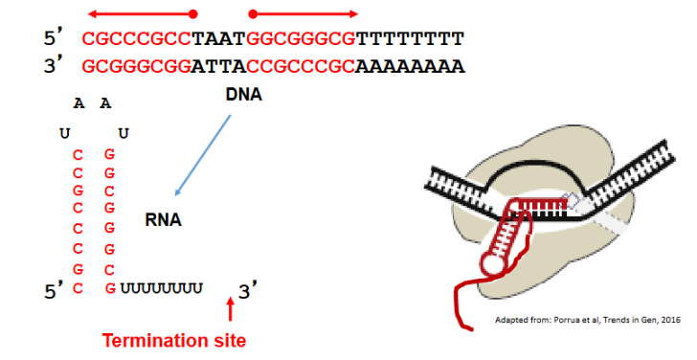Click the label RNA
point(164,219)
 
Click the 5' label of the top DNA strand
point(54,39)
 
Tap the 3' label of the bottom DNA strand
point(54,67)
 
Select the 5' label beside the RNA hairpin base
point(54,288)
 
